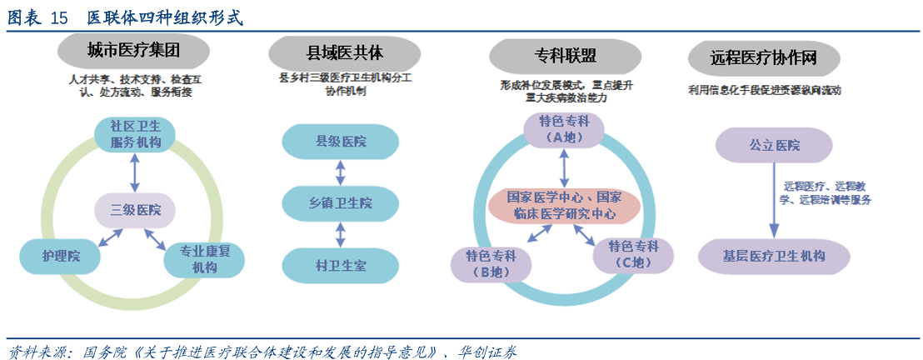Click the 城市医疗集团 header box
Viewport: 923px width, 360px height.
133,52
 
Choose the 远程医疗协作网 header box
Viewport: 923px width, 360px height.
763,57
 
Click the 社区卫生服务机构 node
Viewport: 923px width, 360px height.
134,135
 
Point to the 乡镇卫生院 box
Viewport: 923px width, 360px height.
337,203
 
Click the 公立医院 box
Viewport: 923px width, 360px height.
775,146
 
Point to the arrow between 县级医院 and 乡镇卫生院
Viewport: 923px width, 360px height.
338,172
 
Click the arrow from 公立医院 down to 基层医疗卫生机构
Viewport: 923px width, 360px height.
773,200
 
